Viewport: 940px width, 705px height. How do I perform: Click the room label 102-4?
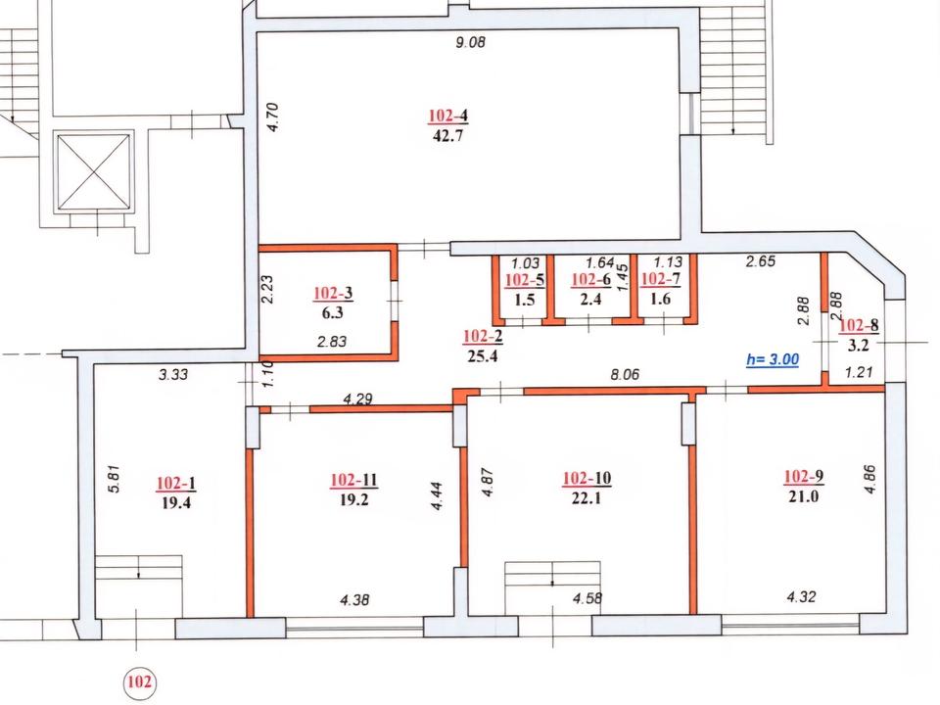click(447, 116)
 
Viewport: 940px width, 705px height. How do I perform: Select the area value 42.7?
click(447, 135)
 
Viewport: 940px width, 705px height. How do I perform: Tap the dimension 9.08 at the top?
click(470, 42)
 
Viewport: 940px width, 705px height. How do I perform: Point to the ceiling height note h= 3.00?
click(773, 359)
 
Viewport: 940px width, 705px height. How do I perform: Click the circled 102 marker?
click(139, 682)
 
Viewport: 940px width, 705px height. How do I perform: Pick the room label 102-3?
click(333, 293)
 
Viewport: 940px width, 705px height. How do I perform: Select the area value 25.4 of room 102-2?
click(483, 356)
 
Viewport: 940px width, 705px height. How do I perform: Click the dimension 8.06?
click(625, 375)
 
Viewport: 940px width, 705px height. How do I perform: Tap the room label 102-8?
click(859, 325)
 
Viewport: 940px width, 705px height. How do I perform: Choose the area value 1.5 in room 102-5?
click(525, 300)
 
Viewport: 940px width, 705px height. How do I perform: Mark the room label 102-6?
click(591, 279)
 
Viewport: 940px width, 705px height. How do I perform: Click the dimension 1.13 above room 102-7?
click(668, 262)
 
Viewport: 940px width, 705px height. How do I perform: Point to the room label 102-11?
click(353, 480)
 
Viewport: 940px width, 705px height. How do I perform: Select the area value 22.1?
click(587, 497)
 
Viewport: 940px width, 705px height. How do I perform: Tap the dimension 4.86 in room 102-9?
click(870, 479)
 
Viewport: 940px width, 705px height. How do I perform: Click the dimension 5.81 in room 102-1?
click(116, 479)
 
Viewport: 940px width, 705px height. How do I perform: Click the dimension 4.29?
click(358, 399)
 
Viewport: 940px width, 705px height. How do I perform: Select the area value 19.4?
click(176, 502)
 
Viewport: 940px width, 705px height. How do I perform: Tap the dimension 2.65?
click(760, 260)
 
